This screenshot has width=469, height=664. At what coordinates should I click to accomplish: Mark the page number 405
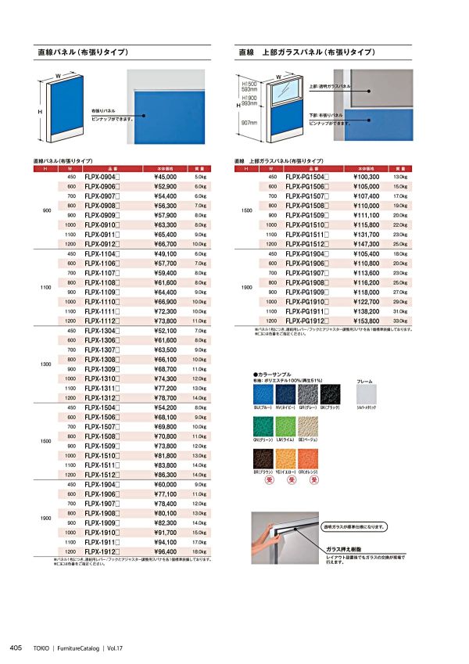point(16,648)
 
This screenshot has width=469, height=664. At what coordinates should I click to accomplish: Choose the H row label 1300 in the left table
point(46,364)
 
